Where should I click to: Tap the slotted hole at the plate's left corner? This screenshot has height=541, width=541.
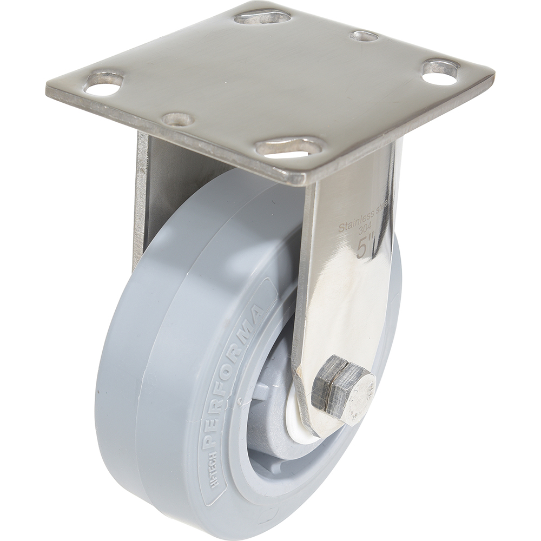click(106, 81)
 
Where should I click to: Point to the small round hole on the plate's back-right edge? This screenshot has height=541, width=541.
click(364, 36)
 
